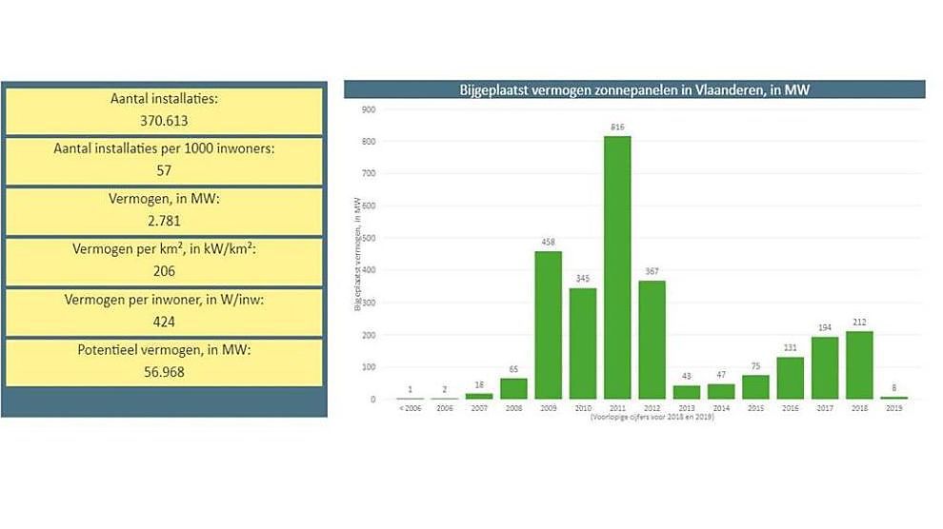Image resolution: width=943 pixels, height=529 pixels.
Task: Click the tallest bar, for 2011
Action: (x=617, y=267)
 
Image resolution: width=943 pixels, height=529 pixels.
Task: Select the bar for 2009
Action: (x=548, y=324)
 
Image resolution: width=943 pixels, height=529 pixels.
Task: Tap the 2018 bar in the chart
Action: (x=858, y=364)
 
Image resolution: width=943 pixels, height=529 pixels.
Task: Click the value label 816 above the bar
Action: (x=617, y=127)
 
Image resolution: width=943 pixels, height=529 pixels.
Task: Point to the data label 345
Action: (x=582, y=279)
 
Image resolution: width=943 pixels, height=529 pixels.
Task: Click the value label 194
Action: (x=824, y=327)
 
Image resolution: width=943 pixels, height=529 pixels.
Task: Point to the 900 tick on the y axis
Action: (x=368, y=109)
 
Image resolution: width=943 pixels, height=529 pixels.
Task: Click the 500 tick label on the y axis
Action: (x=368, y=238)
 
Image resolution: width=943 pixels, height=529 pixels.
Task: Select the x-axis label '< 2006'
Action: (x=410, y=407)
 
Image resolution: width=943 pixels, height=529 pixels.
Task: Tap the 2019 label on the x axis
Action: (x=893, y=407)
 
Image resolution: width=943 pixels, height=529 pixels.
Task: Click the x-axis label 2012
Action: (x=652, y=407)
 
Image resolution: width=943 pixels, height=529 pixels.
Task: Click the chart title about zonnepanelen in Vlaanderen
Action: (x=633, y=90)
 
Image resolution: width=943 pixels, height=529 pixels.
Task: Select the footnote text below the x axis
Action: (x=652, y=417)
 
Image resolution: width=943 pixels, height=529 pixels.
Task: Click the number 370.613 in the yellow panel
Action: (x=164, y=120)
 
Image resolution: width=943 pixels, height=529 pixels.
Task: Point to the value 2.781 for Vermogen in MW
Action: (x=164, y=222)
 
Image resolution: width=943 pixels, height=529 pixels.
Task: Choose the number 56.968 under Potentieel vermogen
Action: (x=164, y=372)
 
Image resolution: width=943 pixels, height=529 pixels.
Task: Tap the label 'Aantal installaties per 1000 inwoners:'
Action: (x=164, y=148)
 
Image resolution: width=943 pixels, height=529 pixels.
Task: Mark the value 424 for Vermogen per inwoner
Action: (x=164, y=322)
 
